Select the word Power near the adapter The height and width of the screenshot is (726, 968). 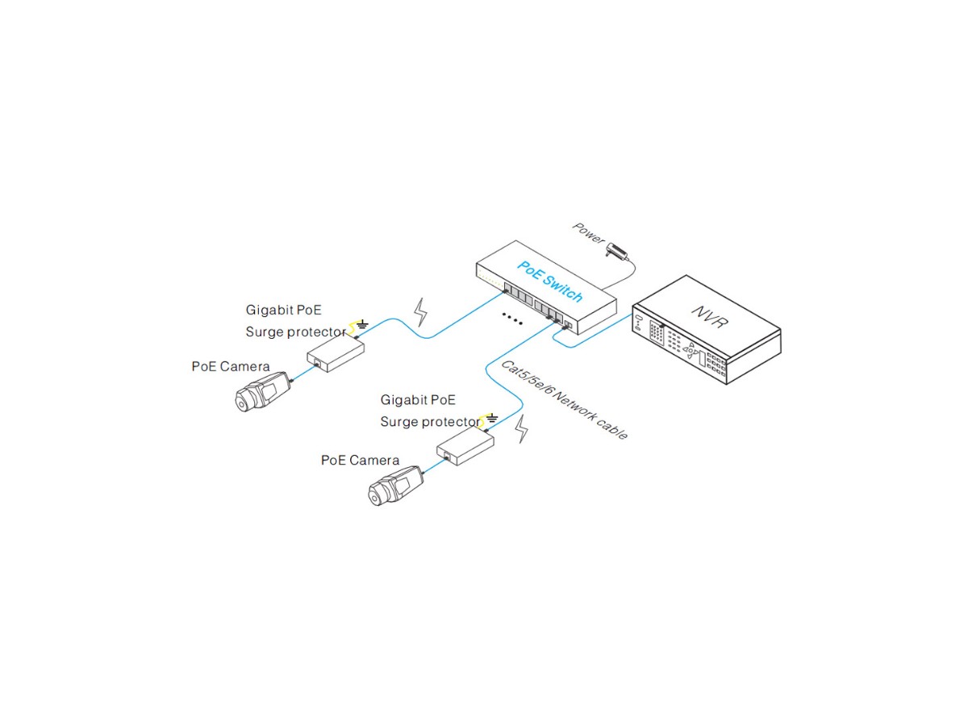pyautogui.click(x=588, y=232)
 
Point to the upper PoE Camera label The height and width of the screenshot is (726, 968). pyautogui.click(x=231, y=366)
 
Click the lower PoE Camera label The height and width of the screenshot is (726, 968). pyautogui.click(x=360, y=460)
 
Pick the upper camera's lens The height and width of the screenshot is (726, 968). pyautogui.click(x=244, y=399)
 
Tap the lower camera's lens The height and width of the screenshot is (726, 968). pyautogui.click(x=378, y=495)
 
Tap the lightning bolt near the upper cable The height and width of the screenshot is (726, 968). pyautogui.click(x=420, y=312)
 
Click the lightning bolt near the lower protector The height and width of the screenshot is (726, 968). pyautogui.click(x=523, y=428)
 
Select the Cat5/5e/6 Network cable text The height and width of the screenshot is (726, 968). pyautogui.click(x=565, y=399)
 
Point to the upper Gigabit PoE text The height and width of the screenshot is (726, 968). pyautogui.click(x=283, y=310)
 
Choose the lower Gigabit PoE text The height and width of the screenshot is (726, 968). pyautogui.click(x=418, y=399)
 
